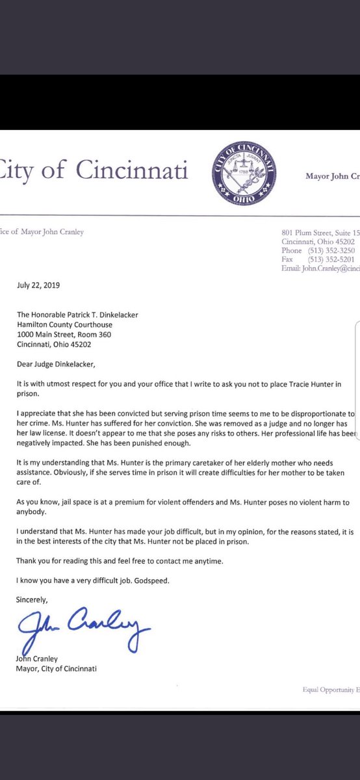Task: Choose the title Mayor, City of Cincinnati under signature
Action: (x=57, y=669)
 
